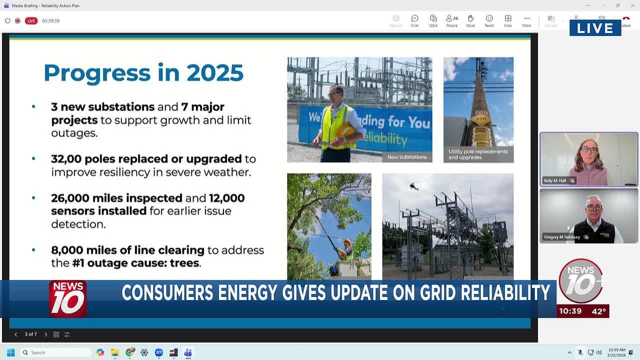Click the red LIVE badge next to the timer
pos(31,21)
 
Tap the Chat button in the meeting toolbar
pos(414,21)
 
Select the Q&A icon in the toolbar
pos(433,21)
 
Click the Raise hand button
pos(470,21)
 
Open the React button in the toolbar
pos(489,21)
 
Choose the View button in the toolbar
pos(508,21)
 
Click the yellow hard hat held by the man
pos(345,130)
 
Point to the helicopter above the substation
pos(414,186)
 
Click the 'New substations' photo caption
pos(407,157)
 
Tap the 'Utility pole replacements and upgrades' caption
pos(478,154)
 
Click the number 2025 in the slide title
pos(215,73)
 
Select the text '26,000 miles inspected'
pos(116,198)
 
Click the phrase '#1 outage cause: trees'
pos(135,263)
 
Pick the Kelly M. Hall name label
pos(555,180)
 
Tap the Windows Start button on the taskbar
pos(10,352)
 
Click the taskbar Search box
pos(55,352)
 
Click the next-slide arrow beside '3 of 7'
pos(45,334)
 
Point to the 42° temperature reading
pos(598,311)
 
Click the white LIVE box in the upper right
pos(595,28)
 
